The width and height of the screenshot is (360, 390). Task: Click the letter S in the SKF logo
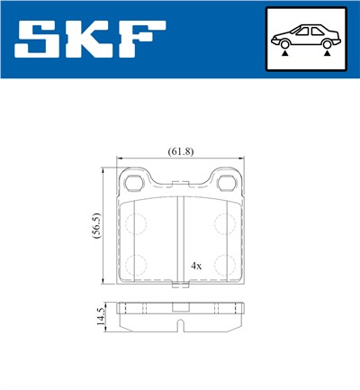click(41, 39)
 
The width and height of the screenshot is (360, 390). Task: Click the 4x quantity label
click(195, 267)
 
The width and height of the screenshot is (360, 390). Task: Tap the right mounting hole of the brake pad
click(228, 186)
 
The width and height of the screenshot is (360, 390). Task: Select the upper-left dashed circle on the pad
click(135, 225)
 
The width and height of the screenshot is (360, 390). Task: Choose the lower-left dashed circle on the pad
click(135, 265)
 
